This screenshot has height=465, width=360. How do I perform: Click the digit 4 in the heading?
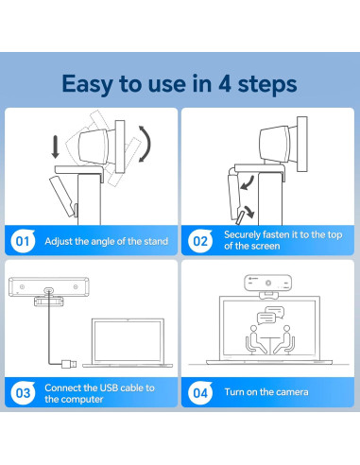225,83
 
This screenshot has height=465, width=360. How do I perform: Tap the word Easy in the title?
87,84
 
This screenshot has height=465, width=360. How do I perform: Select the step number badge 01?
23,241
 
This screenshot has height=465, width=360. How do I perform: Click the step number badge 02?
200,241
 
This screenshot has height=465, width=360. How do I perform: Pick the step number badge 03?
23,393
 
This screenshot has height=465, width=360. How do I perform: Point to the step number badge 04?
200,393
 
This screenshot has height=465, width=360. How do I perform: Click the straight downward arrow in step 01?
56,146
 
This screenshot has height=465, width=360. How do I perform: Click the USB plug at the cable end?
69,364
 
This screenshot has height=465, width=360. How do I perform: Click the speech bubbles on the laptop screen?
270,315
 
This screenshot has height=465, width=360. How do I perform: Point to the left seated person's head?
253,329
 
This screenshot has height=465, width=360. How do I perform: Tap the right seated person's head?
286,329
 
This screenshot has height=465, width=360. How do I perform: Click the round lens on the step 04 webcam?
268,283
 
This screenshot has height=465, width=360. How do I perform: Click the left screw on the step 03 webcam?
22,286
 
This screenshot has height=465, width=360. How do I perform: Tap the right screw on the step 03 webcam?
76,286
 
